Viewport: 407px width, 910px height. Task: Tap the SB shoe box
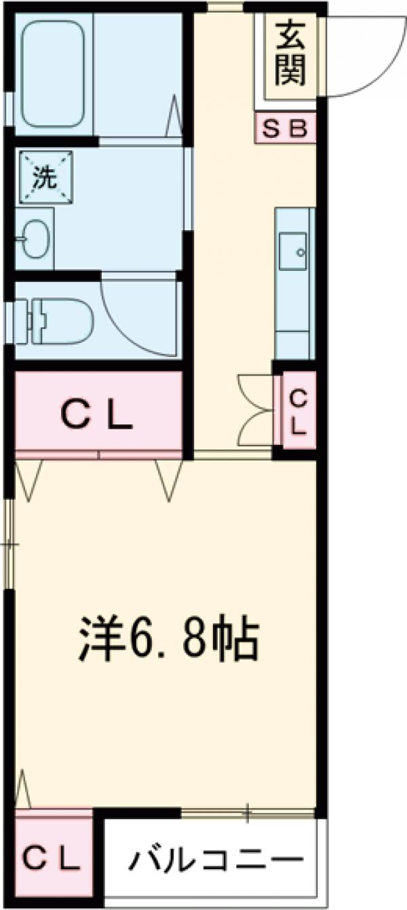286,128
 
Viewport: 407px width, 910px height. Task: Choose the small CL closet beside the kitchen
298,411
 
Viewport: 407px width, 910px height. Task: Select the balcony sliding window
248,812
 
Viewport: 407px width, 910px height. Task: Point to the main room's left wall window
9,543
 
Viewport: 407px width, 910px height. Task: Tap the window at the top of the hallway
225,7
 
